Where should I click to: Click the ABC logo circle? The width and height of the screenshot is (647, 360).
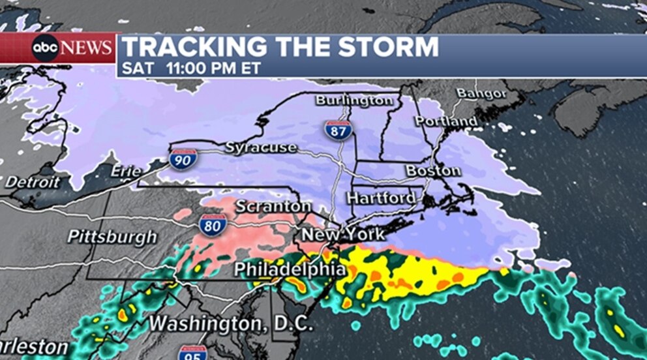pyautogui.click(x=46, y=48)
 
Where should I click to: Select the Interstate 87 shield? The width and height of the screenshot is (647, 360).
pyautogui.click(x=337, y=129)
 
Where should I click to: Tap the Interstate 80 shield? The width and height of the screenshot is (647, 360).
pyautogui.click(x=213, y=224)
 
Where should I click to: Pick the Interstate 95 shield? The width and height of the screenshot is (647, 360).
pyautogui.click(x=192, y=353)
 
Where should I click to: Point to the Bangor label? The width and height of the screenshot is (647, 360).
pyautogui.click(x=481, y=93)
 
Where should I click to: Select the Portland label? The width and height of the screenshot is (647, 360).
pyautogui.click(x=446, y=121)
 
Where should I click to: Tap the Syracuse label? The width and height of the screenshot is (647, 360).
pyautogui.click(x=261, y=147)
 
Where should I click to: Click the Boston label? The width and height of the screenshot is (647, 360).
pyautogui.click(x=433, y=171)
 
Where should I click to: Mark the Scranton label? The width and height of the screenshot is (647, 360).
pyautogui.click(x=273, y=206)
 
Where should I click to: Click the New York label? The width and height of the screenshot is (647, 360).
pyautogui.click(x=342, y=234)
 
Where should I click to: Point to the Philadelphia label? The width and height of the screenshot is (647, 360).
pyautogui.click(x=290, y=269)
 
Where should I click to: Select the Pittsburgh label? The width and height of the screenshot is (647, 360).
pyautogui.click(x=112, y=236)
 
